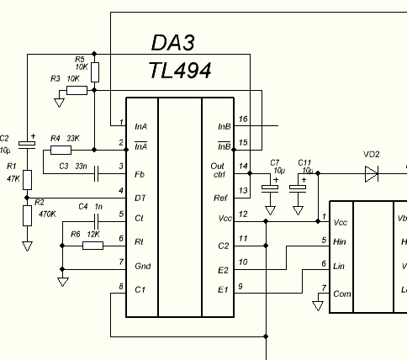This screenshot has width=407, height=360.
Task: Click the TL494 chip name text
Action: pos(180,71)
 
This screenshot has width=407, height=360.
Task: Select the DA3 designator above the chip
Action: pos(173,43)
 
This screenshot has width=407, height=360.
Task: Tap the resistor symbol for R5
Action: pos(95,72)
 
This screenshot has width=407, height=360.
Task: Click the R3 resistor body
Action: pos(77,91)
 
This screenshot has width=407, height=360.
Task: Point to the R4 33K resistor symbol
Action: pos(61,151)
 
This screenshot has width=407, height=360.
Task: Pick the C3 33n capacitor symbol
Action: pos(96,174)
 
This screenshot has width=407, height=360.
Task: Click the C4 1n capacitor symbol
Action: pos(96,222)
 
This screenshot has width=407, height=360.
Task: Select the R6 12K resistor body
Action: pos(92,246)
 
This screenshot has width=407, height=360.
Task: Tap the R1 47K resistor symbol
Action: pos(27,180)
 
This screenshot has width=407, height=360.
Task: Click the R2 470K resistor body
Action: pos(27,215)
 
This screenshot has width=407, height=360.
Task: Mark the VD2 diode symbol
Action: pos(372,174)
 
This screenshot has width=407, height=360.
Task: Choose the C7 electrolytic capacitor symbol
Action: pos(270,188)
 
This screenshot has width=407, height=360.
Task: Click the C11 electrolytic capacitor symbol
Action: pos(298,188)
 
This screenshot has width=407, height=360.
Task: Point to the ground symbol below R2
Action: pos(27,246)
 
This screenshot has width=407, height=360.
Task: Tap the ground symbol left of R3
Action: pos(59,103)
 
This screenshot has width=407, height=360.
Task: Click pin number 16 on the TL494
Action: pos(243,119)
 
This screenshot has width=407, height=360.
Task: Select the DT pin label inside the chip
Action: pos(140,199)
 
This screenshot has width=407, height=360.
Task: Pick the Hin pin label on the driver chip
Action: pos(340,241)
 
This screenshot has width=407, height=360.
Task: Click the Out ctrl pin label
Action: pos(218,170)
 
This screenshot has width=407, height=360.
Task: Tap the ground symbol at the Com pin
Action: pos(318,305)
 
